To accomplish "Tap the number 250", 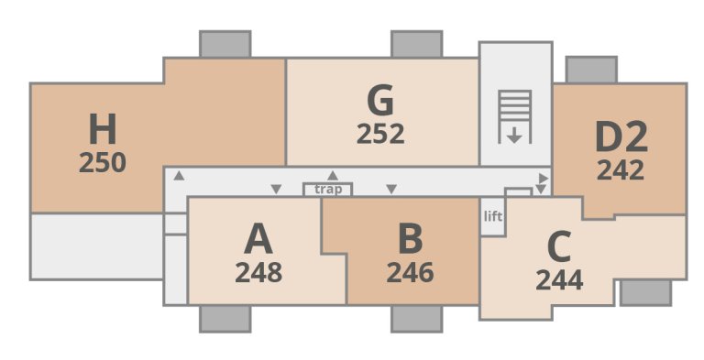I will pyautogui.click(x=103, y=163).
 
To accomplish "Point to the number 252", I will pyautogui.click(x=379, y=134).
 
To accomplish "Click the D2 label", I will pyautogui.click(x=621, y=137).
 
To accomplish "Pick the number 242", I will pyautogui.click(x=621, y=170).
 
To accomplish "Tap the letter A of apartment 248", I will pyautogui.click(x=258, y=240).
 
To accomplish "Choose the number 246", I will pyautogui.click(x=410, y=273).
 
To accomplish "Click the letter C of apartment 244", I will pyautogui.click(x=558, y=247).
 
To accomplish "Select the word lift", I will pyautogui.click(x=493, y=217).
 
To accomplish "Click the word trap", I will pyautogui.click(x=328, y=190).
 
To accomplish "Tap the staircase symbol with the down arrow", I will pyautogui.click(x=514, y=116).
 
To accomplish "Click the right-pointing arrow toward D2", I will pyautogui.click(x=544, y=177).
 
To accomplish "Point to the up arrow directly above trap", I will pyautogui.click(x=333, y=175).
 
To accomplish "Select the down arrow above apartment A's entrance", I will pyautogui.click(x=276, y=190).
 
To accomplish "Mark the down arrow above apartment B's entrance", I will pyautogui.click(x=391, y=190).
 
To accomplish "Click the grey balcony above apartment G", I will pyautogui.click(x=417, y=44).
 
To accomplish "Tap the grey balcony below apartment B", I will pyautogui.click(x=417, y=318).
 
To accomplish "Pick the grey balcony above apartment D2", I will pyautogui.click(x=591, y=70).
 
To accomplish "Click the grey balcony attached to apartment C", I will pyautogui.click(x=645, y=293).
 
